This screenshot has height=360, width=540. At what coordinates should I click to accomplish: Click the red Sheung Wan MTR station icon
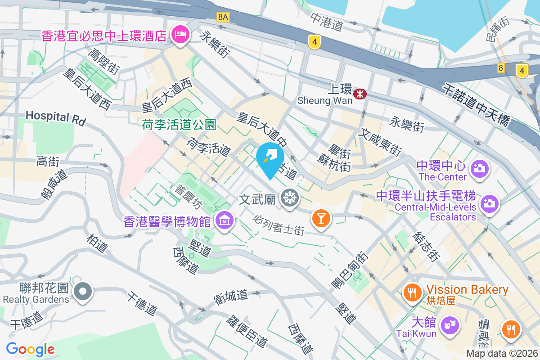360,94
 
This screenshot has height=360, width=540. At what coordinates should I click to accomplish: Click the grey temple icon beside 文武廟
289,198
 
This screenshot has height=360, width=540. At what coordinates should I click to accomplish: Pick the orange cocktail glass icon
321,218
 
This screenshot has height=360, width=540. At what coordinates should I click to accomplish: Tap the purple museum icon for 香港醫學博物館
224,221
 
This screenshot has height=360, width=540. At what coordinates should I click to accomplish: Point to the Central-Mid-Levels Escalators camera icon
490,203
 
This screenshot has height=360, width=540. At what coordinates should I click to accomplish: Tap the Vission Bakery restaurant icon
412,292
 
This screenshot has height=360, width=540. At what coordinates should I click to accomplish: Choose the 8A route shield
223,17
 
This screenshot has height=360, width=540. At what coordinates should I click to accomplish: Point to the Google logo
30,349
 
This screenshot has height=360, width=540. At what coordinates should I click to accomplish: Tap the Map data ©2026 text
502,353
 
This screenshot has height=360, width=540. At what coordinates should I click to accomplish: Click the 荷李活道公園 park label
179,124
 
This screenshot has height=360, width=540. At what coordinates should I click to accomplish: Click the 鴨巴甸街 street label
349,270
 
